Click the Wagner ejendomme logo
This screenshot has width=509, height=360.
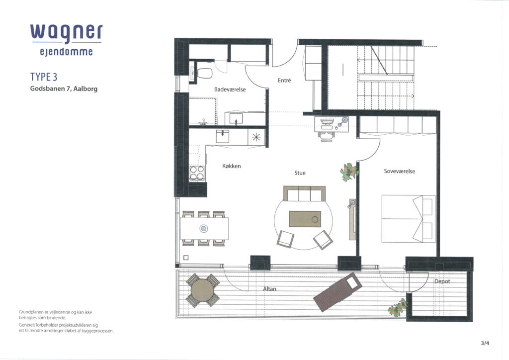67,40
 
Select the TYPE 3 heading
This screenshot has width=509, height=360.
44,77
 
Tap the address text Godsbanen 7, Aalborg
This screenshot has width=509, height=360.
64,89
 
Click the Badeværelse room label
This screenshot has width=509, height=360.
230,90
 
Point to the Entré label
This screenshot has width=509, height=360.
284,80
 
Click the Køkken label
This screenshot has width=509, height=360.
232,166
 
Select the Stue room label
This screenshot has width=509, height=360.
300,173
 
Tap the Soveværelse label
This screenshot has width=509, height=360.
399,171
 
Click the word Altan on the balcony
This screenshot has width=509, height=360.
269,288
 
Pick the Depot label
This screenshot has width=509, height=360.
442,281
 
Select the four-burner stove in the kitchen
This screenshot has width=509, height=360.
197,173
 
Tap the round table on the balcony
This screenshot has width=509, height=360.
203,290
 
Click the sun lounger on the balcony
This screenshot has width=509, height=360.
338,292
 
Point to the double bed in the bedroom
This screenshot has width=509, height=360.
409,218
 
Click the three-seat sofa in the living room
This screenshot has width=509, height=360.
304,193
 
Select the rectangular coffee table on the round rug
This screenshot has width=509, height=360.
305,219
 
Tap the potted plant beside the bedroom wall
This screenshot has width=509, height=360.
349,172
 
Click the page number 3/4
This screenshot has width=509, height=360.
485,343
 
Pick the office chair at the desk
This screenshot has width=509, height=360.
326,136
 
